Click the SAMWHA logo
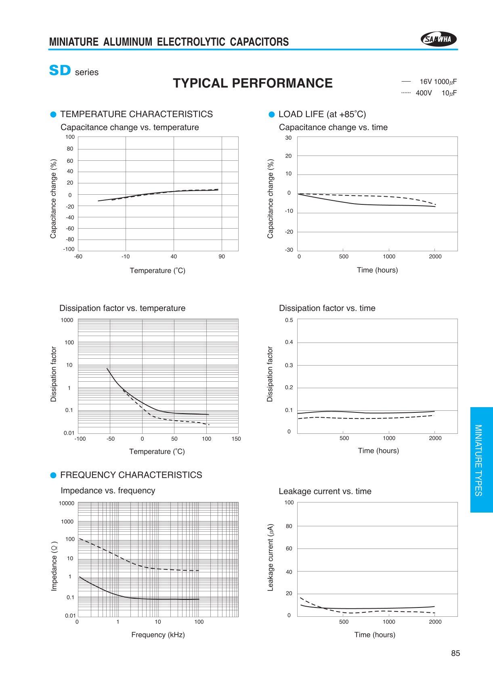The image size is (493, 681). click(439, 39)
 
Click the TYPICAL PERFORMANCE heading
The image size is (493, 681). click(253, 83)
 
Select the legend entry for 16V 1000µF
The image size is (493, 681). click(430, 82)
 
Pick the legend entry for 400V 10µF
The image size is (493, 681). click(430, 93)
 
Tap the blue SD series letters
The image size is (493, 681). click(60, 71)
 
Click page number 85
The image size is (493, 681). click(455, 653)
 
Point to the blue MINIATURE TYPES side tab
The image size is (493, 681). click(481, 460)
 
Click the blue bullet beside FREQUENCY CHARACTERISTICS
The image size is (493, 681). click(53, 475)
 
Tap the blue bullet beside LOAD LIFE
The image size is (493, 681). click(272, 114)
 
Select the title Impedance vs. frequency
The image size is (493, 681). click(108, 490)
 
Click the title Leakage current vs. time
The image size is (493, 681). click(325, 491)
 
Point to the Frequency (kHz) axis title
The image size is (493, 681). click(158, 635)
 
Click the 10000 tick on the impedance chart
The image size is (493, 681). click(67, 503)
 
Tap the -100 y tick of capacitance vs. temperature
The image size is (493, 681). click(69, 249)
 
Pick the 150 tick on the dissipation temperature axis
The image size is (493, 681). click(236, 439)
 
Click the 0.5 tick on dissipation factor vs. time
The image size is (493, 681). click(289, 320)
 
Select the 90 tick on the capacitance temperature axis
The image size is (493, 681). click(222, 256)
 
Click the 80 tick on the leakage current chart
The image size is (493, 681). click(289, 526)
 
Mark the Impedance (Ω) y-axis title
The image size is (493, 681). click(54, 566)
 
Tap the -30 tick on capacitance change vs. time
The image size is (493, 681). click(289, 250)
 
